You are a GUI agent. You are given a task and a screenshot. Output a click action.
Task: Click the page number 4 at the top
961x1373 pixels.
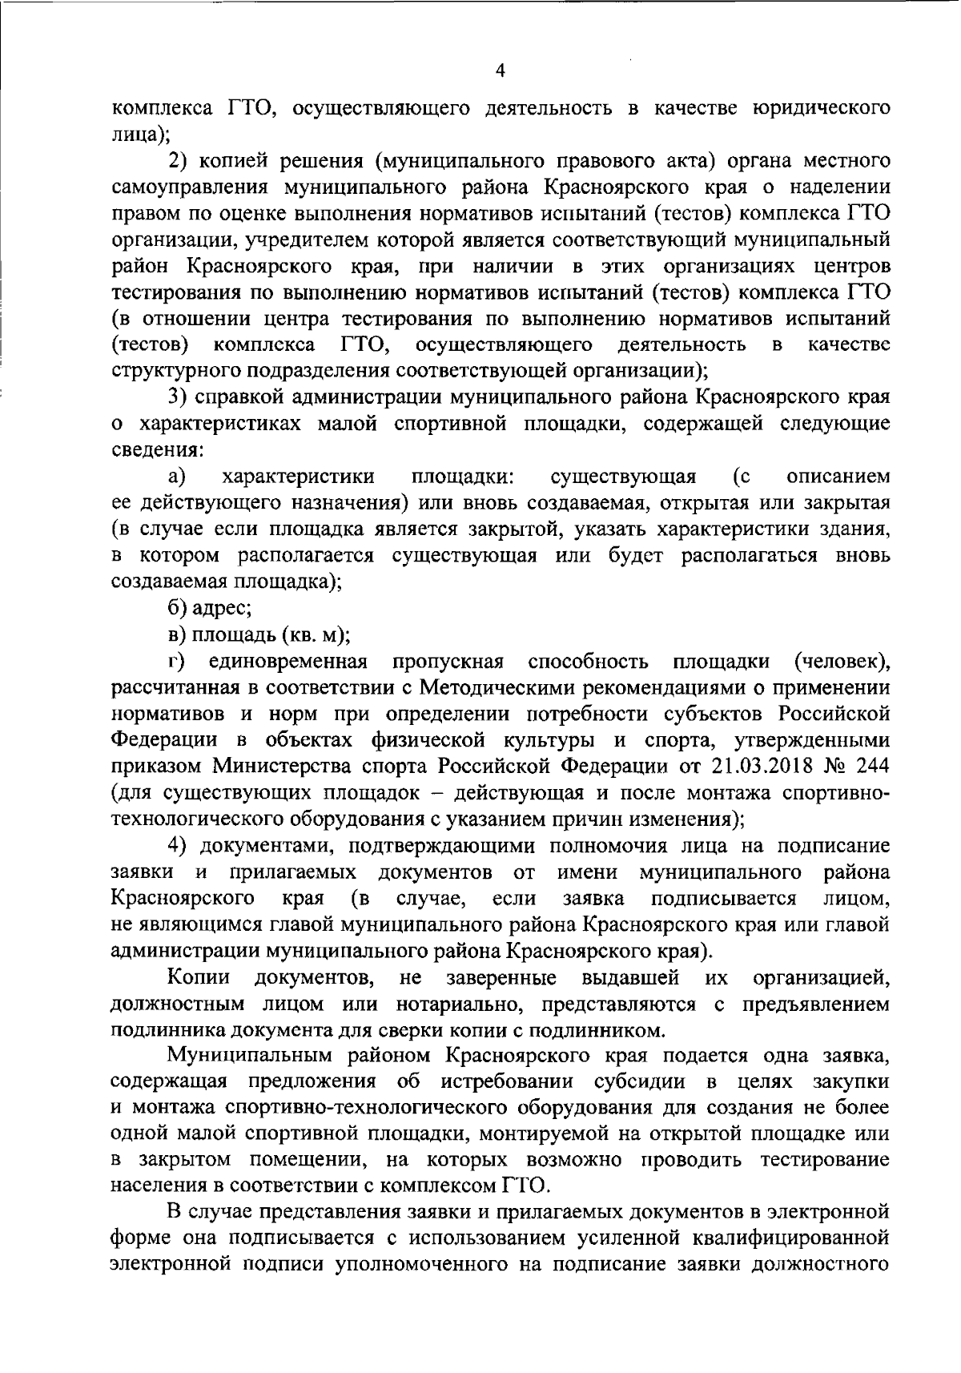501,71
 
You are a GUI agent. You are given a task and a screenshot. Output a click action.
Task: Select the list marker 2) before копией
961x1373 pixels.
179,160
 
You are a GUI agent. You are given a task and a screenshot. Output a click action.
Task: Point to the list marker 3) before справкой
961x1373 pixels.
178,397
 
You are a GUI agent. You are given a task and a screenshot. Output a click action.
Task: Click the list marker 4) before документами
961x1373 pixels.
178,846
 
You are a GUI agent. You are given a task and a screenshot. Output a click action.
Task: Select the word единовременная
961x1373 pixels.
288,662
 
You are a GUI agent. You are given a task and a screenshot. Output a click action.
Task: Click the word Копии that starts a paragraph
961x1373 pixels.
199,978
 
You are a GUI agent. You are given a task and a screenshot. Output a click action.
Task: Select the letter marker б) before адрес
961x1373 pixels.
178,608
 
